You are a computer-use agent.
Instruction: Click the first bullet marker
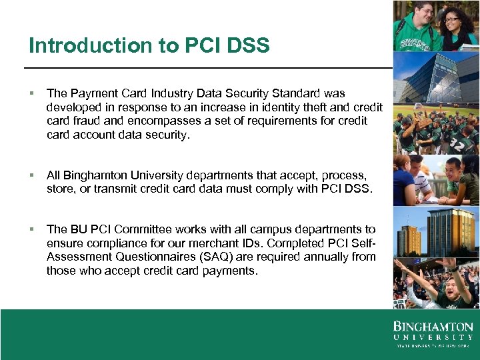tap(31, 94)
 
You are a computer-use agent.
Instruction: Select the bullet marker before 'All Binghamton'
tap(31, 176)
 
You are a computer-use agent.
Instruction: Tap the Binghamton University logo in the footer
tap(433, 334)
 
